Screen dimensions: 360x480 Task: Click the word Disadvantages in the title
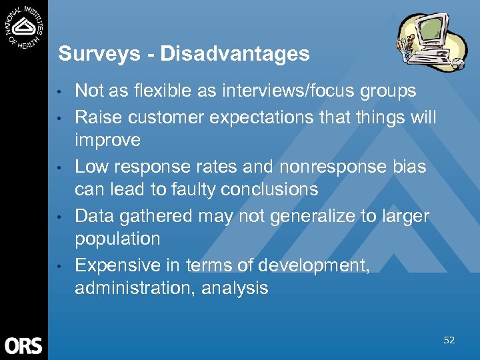click(x=235, y=54)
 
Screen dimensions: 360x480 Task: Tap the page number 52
click(x=449, y=341)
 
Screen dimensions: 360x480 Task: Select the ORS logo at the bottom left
click(x=23, y=345)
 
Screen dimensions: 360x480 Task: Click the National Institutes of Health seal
click(x=25, y=27)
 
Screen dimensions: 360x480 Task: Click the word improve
click(x=107, y=141)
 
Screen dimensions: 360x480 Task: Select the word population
click(x=117, y=239)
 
